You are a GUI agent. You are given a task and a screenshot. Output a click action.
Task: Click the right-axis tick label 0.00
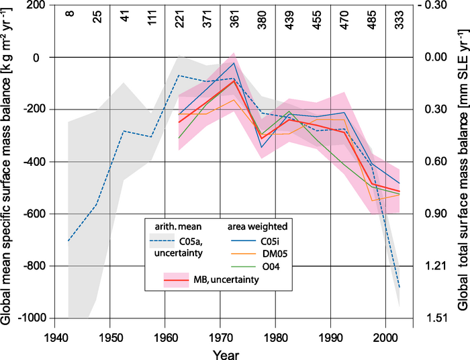432,58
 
